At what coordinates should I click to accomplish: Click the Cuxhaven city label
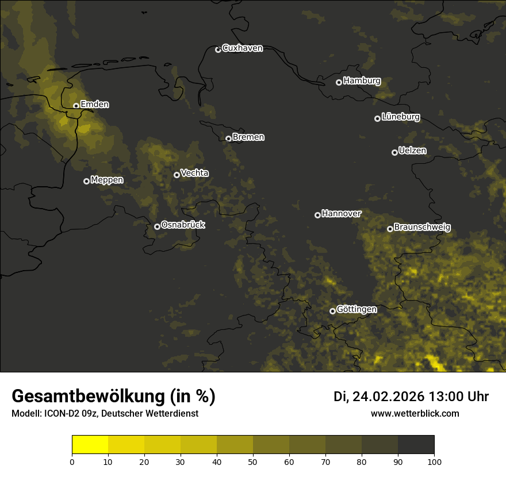click(x=242, y=48)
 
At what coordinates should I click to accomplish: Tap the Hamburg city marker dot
click(x=339, y=82)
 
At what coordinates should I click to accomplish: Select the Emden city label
click(x=95, y=105)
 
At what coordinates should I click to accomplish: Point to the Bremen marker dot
click(x=228, y=139)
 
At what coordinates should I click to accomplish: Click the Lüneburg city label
click(x=401, y=117)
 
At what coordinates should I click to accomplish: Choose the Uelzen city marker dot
click(x=394, y=152)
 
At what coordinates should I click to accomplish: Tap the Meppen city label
click(x=107, y=180)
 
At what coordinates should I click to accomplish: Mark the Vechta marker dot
click(x=177, y=175)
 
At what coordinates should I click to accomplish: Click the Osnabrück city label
click(x=183, y=225)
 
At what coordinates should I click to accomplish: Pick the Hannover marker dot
click(x=317, y=215)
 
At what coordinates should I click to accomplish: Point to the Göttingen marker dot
click(x=332, y=311)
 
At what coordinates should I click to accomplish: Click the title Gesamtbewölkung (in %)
click(x=113, y=397)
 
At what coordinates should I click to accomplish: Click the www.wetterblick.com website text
click(x=415, y=413)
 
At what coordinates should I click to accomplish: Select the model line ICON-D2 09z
click(x=105, y=414)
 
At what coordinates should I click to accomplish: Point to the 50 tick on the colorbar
click(x=253, y=461)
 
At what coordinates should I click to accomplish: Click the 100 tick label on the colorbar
click(x=434, y=461)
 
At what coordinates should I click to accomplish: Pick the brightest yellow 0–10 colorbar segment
click(x=90, y=445)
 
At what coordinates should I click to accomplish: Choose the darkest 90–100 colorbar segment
click(x=416, y=445)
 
